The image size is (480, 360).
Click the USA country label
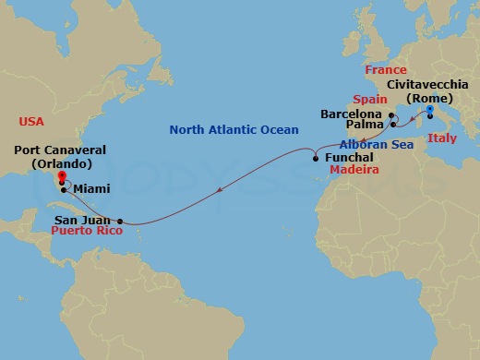coord(32,122)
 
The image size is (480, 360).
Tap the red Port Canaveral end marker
coord(61,175)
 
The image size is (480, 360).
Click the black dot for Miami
coord(63,190)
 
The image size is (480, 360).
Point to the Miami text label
coord(91,188)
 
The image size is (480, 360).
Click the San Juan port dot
coord(120,221)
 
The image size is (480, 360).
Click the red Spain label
coord(368,99)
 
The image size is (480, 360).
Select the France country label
coord(385,70)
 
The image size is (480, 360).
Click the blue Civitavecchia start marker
coord(429,109)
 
